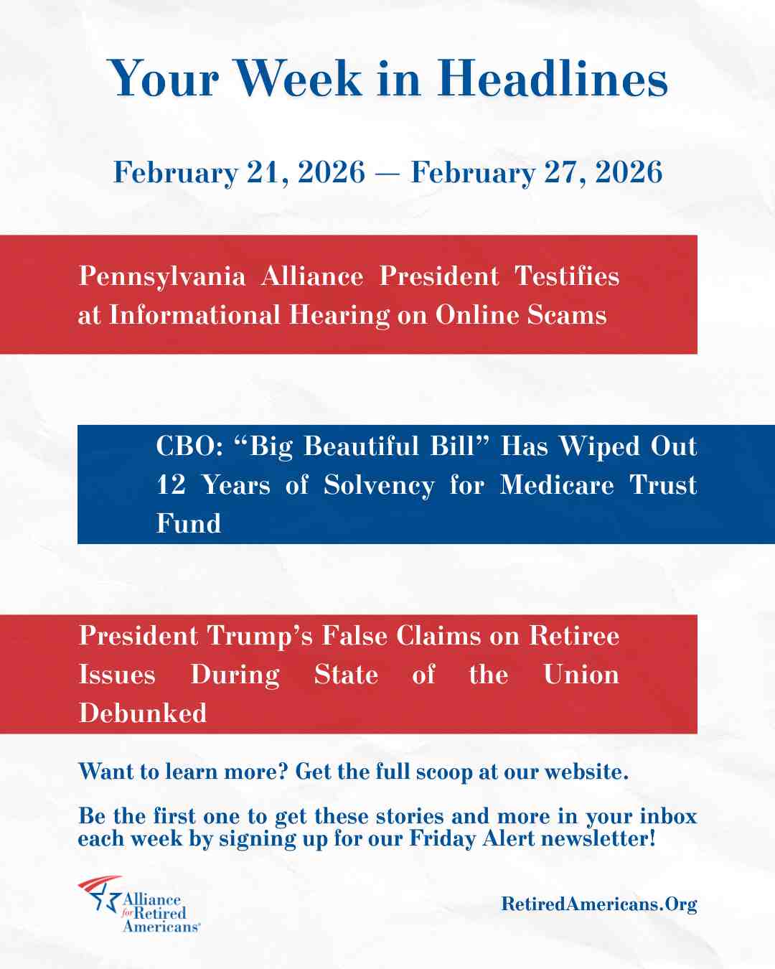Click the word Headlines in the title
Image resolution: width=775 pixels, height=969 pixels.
click(553, 78)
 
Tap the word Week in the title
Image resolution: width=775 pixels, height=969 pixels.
click(299, 78)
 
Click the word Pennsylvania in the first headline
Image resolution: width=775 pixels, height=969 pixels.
click(162, 276)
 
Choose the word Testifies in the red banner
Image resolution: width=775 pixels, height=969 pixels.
click(567, 276)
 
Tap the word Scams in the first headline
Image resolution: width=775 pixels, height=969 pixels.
click(567, 314)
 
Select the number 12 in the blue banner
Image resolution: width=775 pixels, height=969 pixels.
click(171, 485)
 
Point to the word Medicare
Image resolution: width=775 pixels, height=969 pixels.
click(557, 485)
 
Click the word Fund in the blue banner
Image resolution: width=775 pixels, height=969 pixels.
click(189, 523)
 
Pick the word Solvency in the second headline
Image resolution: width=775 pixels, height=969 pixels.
click(379, 486)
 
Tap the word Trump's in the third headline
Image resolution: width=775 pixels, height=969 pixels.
click(259, 636)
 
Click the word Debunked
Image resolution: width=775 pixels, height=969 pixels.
click(143, 713)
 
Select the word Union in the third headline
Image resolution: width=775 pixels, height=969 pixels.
click(581, 675)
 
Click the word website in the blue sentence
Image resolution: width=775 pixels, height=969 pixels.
click(586, 772)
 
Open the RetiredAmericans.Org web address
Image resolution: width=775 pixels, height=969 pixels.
click(599, 904)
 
